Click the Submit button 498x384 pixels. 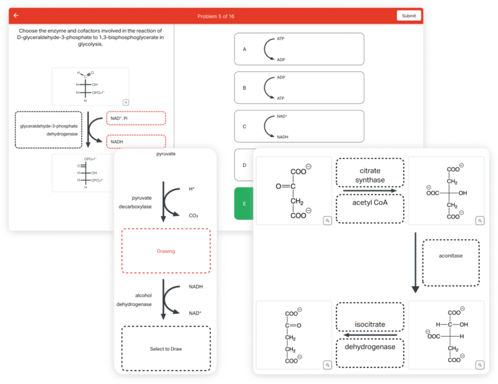tap(409, 16)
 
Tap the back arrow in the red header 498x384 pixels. tap(16, 16)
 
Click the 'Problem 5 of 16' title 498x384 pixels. tap(217, 16)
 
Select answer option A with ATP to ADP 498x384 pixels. tap(299, 49)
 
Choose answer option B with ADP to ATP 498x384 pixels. tap(299, 88)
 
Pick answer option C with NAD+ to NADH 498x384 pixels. tap(299, 126)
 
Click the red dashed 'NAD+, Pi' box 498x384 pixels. tap(136, 118)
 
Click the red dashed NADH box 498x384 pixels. tap(136, 141)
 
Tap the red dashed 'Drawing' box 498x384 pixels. tap(166, 250)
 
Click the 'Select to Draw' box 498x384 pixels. tap(166, 348)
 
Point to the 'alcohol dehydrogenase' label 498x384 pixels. tap(134, 300)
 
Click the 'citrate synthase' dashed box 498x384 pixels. tap(370, 175)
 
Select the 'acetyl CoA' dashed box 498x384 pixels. tap(370, 202)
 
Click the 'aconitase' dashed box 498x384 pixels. tap(451, 263)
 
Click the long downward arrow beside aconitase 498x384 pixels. tap(416, 263)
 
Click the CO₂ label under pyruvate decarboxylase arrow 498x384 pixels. tap(193, 215)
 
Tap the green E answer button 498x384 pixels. tap(244, 204)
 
